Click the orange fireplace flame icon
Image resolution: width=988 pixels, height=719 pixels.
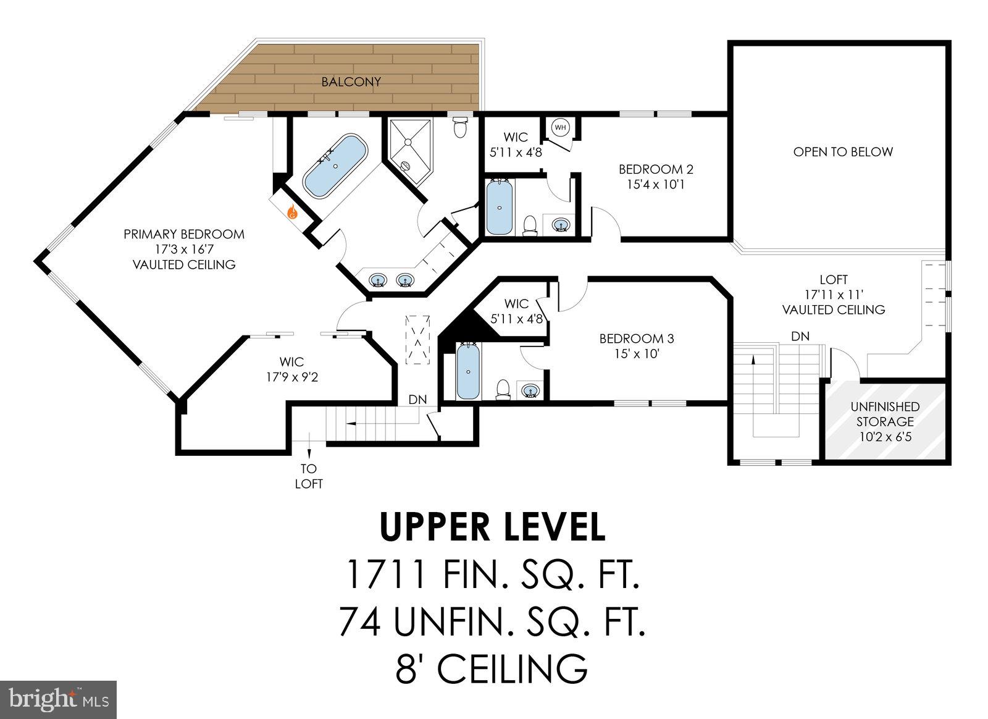[x=292, y=213]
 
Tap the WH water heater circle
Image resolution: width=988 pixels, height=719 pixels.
[x=560, y=127]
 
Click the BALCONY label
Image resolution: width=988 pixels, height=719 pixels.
[x=351, y=82]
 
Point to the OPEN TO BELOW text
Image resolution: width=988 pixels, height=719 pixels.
[x=842, y=151]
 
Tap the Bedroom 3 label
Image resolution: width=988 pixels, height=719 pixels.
[x=636, y=338]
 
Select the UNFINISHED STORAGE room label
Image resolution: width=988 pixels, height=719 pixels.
[x=884, y=414]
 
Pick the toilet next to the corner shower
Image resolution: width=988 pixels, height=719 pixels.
[x=461, y=128]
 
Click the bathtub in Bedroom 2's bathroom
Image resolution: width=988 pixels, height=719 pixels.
[x=499, y=206]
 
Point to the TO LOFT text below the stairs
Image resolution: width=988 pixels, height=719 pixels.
[x=308, y=476]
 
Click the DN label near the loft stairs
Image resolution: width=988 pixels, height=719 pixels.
[x=800, y=336]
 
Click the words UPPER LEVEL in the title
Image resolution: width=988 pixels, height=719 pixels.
[x=492, y=526]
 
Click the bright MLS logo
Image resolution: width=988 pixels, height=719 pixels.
[x=58, y=699]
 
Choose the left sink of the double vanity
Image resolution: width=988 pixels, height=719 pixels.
[x=377, y=280]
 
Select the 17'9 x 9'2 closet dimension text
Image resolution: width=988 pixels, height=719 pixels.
[x=291, y=377]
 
